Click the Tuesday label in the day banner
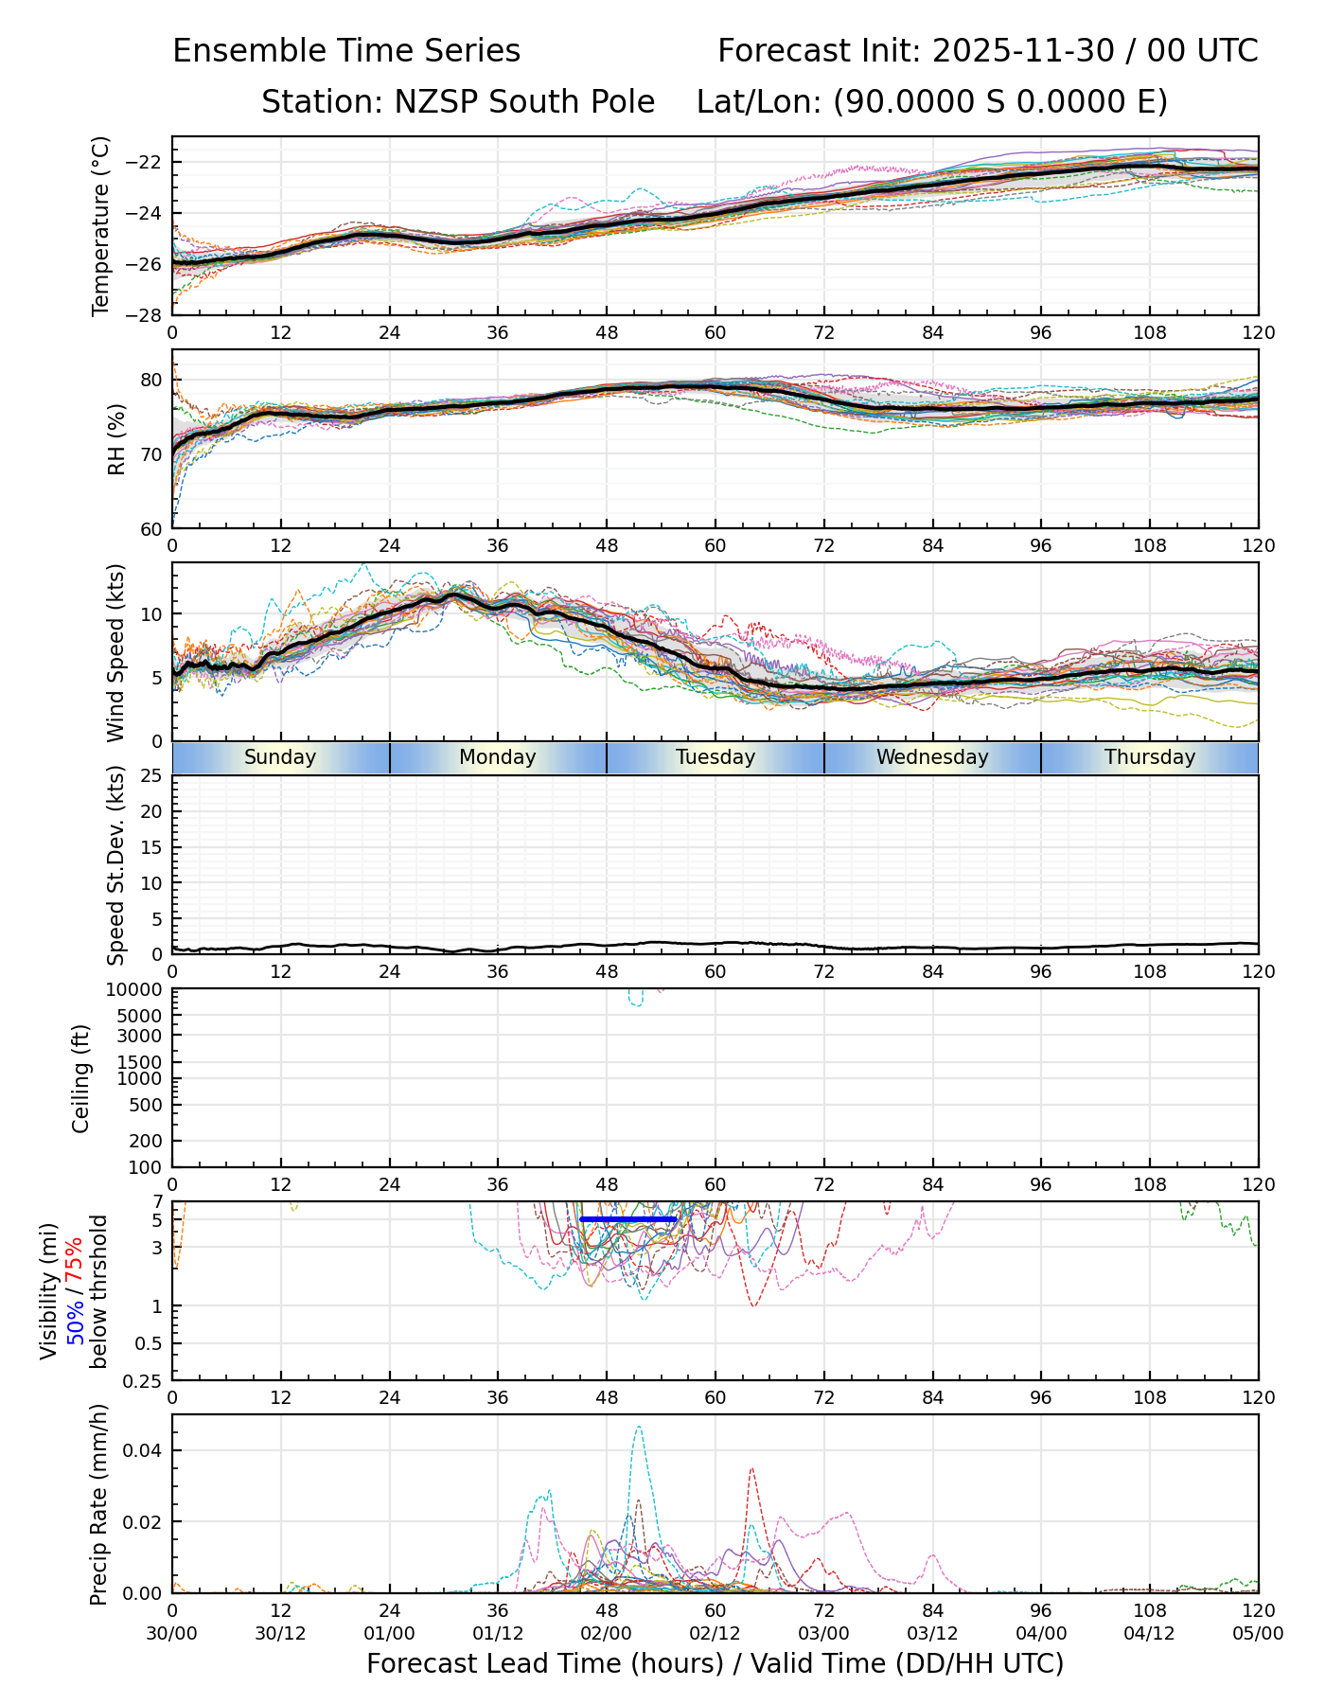coord(715,757)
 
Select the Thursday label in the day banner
coord(1150,757)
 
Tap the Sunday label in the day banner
coord(280,757)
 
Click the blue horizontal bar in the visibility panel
coord(628,1219)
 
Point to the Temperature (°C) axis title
coord(101,225)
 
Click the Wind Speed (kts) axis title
coord(115,652)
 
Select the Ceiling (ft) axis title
coord(81,1078)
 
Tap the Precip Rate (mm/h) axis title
coord(98,1504)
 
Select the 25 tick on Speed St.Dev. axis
coord(152,776)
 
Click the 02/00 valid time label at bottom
coord(607,1633)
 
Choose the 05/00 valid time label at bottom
coord(1258,1633)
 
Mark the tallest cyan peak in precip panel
coord(639,1428)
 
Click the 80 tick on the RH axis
coord(152,380)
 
